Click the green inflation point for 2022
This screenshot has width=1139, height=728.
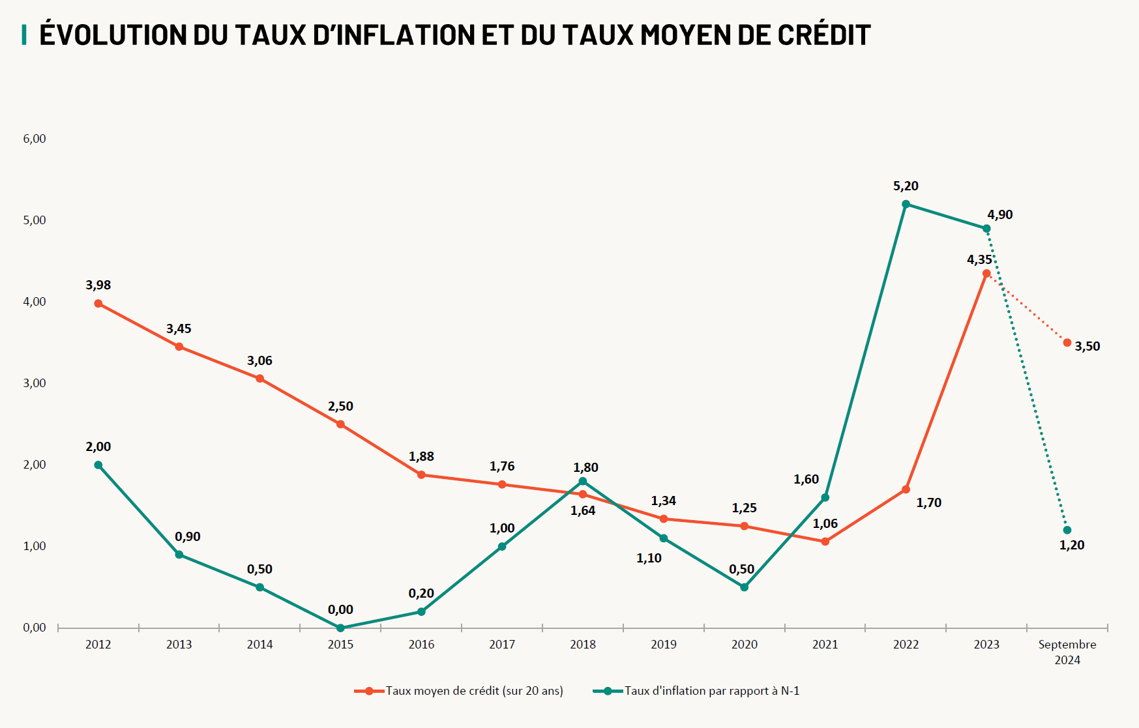(906, 204)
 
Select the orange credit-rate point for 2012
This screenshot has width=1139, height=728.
(98, 304)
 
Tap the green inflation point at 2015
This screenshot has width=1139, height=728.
(340, 628)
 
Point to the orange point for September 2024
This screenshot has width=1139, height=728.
(1067, 343)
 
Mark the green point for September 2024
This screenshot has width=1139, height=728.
(1067, 531)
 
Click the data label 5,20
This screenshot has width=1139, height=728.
(906, 186)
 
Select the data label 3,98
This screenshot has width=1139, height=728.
(98, 285)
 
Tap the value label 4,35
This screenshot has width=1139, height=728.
(979, 260)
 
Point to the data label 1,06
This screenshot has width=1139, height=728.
(825, 524)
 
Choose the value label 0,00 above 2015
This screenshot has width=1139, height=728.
(340, 610)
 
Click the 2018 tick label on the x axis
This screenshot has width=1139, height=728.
(583, 645)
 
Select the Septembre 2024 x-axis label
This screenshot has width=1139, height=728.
(1067, 652)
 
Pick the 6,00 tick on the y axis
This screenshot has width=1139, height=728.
(35, 139)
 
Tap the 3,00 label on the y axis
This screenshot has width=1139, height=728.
(35, 383)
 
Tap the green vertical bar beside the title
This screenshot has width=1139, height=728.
(24, 35)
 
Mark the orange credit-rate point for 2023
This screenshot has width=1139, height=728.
(986, 274)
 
